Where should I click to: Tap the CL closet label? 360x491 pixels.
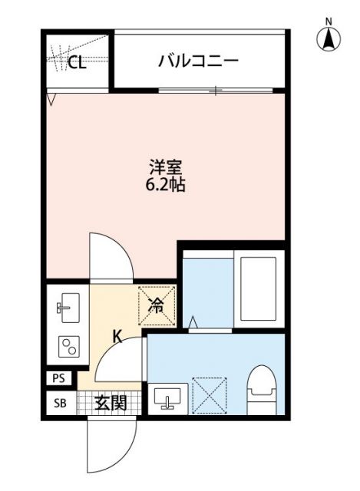[76, 63]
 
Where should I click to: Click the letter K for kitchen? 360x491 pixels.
[118, 335]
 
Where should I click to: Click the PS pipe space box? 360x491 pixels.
[59, 378]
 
